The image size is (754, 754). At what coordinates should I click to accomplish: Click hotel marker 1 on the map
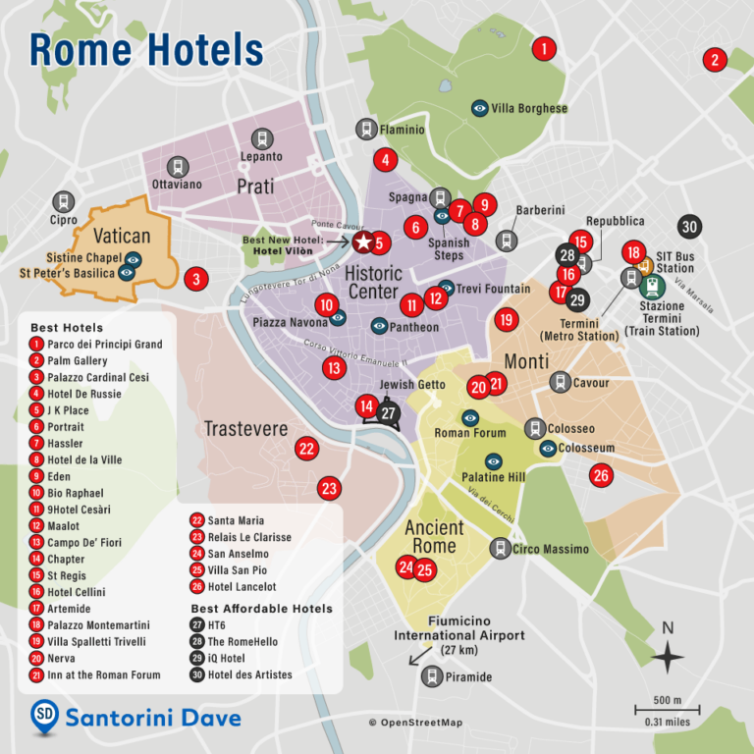[544, 47]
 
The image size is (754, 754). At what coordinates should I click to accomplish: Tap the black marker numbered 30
[690, 227]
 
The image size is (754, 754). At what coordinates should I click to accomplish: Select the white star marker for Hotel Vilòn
[361, 242]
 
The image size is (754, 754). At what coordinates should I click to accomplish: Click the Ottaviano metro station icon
[177, 167]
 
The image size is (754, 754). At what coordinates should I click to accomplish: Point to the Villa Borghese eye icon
[480, 108]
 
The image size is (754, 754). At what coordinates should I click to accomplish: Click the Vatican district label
[122, 236]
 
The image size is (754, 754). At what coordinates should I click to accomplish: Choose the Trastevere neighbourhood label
[245, 429]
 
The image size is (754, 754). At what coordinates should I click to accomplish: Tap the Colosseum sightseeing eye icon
[549, 449]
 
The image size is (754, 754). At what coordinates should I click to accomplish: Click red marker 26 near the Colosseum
[601, 476]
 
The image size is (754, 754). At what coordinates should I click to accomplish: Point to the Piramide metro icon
[432, 676]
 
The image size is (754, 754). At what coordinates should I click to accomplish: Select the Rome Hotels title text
[146, 49]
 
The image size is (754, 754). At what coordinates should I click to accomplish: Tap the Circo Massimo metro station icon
[501, 550]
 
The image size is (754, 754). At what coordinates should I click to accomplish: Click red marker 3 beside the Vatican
[196, 280]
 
